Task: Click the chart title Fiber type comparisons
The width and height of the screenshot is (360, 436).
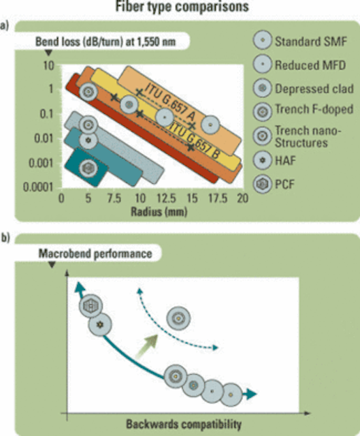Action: (x=182, y=7)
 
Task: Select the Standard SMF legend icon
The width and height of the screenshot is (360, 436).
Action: (x=262, y=40)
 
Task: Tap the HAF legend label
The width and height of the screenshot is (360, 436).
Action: (x=285, y=161)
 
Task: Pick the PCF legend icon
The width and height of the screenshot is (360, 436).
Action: (x=262, y=184)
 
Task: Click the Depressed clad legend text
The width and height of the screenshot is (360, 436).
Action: (x=314, y=89)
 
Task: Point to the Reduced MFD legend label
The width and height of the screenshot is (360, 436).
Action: (x=310, y=65)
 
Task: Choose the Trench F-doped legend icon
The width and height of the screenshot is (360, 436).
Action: (x=262, y=112)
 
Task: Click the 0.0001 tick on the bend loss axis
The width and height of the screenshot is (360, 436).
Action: (x=38, y=187)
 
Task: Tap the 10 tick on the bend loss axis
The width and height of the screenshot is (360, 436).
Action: (x=48, y=65)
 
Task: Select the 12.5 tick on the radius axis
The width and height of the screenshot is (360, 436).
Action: (x=166, y=198)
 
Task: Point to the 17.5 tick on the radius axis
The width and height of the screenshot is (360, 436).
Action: (x=218, y=198)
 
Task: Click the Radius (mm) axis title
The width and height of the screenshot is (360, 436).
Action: (x=159, y=212)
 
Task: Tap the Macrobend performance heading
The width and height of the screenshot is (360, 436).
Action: (x=95, y=253)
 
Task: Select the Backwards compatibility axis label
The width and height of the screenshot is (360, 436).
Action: (x=184, y=424)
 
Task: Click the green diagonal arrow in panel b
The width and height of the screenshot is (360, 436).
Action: (x=147, y=347)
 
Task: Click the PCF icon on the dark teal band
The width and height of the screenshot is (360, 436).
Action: (x=88, y=168)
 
